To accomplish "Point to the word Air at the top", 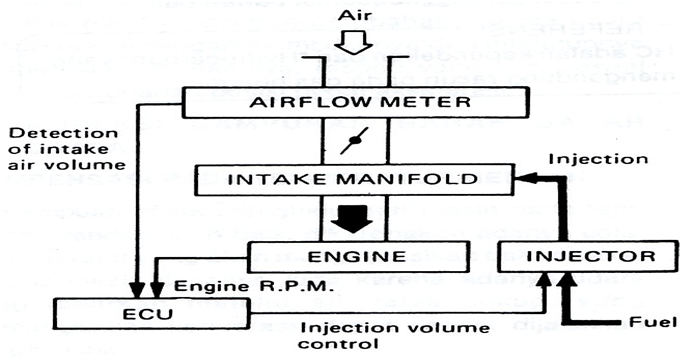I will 357,14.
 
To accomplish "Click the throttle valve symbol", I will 351,144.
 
